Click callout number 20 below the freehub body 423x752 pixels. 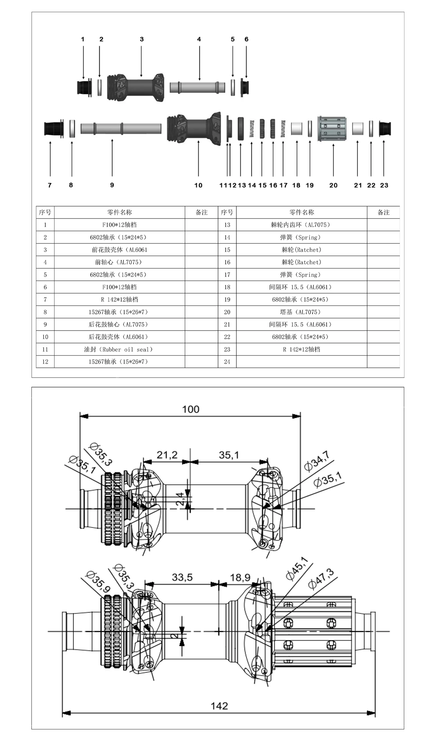pyautogui.click(x=333, y=185)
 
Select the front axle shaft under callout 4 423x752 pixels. pyautogui.click(x=197, y=87)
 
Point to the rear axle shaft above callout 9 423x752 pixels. pyautogui.click(x=121, y=128)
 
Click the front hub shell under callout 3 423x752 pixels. pyautogui.click(x=136, y=87)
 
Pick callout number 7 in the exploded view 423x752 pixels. pyautogui.click(x=50, y=185)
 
